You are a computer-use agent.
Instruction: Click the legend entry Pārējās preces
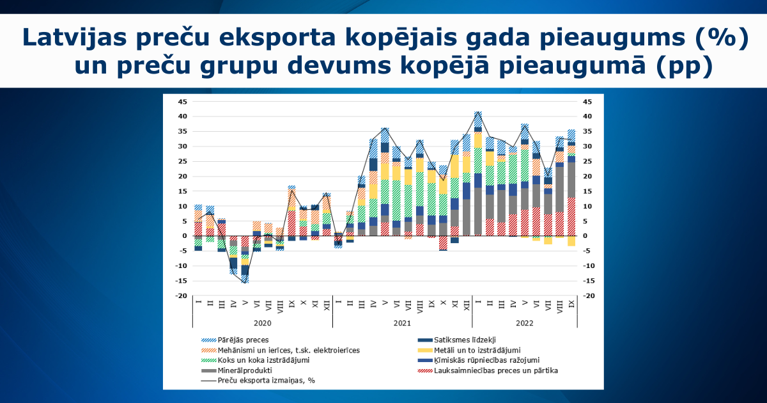[235, 340]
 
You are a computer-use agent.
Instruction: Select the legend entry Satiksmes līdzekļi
[457, 340]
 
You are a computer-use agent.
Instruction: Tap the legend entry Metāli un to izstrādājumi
[469, 351]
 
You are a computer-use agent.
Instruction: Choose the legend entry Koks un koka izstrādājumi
[256, 360]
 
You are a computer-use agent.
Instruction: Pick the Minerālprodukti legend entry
[236, 370]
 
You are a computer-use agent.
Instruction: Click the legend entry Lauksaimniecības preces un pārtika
[488, 370]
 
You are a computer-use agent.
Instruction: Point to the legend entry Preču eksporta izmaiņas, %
[258, 381]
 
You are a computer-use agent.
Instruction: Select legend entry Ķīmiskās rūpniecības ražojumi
[479, 360]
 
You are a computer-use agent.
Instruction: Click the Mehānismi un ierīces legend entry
[281, 351]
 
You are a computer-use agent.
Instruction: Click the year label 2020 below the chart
[263, 323]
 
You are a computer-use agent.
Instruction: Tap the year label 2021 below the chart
[402, 323]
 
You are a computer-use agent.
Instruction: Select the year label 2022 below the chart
[525, 323]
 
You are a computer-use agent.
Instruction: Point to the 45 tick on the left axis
[183, 102]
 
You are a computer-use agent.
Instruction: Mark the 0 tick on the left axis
[185, 236]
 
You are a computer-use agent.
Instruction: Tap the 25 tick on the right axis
[587, 161]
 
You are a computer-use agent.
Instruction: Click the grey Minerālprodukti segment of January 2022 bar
[478, 211]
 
